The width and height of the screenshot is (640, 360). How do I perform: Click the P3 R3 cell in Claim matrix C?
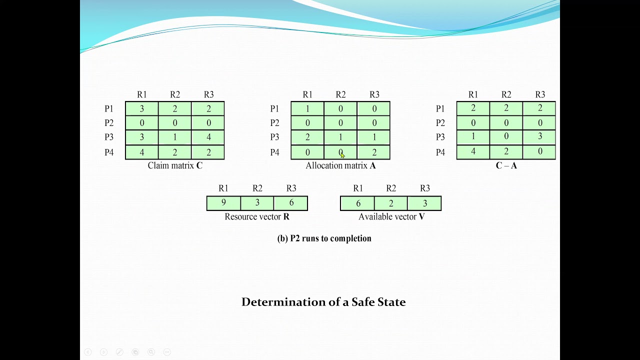(x=208, y=137)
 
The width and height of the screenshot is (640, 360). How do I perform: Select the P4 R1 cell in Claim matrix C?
(x=142, y=152)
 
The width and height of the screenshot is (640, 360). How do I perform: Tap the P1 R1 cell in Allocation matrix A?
(x=307, y=108)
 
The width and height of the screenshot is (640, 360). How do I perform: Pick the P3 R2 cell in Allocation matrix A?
(x=340, y=137)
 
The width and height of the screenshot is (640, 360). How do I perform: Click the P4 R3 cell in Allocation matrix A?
(x=374, y=152)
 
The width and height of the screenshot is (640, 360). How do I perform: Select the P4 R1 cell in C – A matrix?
(x=473, y=152)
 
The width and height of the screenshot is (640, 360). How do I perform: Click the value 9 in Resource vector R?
(x=223, y=203)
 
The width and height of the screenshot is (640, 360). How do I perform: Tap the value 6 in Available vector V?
(x=357, y=203)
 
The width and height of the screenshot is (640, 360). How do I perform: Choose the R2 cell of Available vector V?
(x=391, y=203)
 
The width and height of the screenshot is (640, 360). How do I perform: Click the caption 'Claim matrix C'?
(x=175, y=165)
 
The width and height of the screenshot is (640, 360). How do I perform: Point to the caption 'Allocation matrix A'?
(x=340, y=165)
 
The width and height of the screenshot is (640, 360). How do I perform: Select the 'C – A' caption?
(x=506, y=165)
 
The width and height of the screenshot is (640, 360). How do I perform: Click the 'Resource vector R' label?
(x=257, y=217)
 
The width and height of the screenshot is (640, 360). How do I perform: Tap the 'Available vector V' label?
(x=391, y=217)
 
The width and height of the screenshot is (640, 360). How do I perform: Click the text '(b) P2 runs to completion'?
(x=324, y=238)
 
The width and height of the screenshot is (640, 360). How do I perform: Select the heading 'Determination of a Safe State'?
(x=323, y=302)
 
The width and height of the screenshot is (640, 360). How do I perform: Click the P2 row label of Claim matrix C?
(x=109, y=123)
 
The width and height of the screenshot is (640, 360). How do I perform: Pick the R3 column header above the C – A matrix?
(x=540, y=94)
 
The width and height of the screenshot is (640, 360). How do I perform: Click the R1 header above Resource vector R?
(x=223, y=188)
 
